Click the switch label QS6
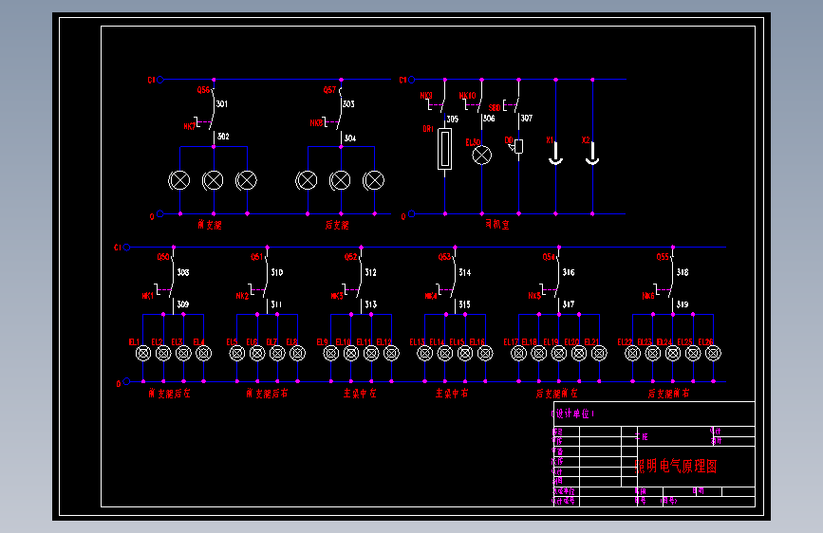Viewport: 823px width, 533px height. point(202,90)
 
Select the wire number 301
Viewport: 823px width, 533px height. point(222,103)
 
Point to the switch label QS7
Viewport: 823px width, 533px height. point(330,90)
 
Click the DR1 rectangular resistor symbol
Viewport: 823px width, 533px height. point(444,150)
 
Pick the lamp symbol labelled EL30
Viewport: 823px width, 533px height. point(482,155)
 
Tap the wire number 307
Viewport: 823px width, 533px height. point(526,119)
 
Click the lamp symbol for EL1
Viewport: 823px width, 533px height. point(143,353)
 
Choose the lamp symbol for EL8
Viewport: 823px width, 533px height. point(297,353)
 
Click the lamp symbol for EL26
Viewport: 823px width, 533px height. point(707,353)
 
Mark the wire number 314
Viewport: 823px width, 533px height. point(464,272)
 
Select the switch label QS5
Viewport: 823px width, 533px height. point(663,256)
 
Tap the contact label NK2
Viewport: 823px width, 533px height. point(242,296)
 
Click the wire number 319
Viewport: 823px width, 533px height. point(683,304)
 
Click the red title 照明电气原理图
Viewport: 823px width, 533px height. point(675,467)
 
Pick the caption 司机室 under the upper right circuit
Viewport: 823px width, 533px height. point(496,226)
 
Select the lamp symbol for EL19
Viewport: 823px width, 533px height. point(559,353)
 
